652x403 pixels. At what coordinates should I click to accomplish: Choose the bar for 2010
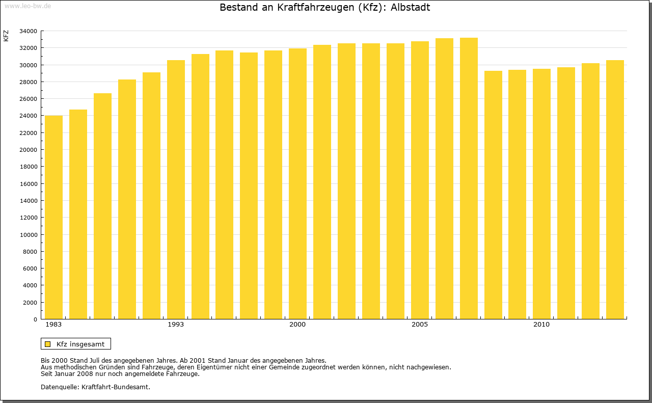click(541, 194)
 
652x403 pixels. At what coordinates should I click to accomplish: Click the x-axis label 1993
click(176, 325)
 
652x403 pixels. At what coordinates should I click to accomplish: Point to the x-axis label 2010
click(541, 325)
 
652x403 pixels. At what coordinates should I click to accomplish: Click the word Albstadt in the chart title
click(410, 8)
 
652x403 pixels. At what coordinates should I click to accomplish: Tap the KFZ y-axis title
click(6, 36)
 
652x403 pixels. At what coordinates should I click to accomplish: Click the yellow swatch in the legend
click(48, 344)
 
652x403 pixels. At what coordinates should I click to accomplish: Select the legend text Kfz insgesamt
click(80, 344)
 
